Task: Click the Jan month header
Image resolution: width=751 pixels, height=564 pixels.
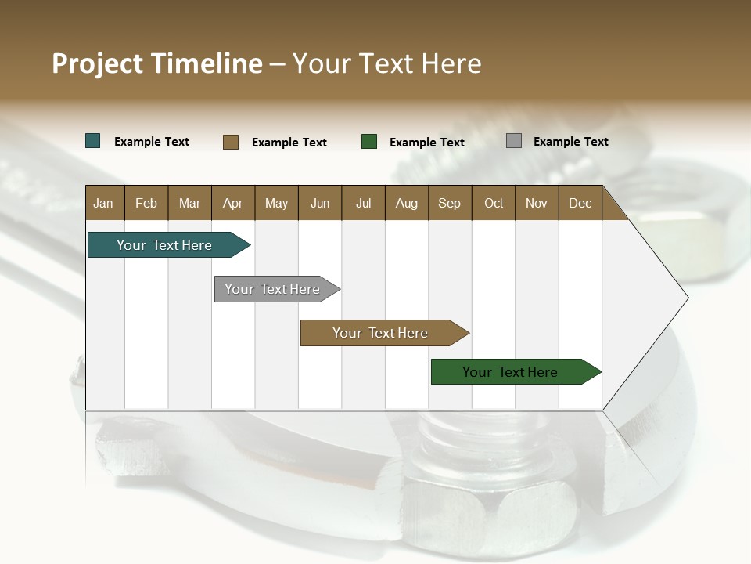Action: point(104,203)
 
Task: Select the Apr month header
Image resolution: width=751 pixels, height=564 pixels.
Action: point(233,203)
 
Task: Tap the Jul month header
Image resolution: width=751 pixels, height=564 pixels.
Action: point(363,203)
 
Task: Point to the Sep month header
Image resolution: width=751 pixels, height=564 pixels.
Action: point(450,203)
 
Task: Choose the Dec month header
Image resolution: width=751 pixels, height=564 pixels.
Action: point(580,203)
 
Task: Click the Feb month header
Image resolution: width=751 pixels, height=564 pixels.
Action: point(146,203)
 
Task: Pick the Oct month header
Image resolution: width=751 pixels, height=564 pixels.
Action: point(494,203)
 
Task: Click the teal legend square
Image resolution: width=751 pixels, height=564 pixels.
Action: point(93,141)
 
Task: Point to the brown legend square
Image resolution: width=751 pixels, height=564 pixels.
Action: point(231,142)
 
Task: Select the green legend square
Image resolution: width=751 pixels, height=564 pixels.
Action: point(369,142)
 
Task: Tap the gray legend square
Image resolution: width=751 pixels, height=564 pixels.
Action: point(514,141)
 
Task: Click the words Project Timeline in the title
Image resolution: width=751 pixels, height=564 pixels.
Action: point(157,63)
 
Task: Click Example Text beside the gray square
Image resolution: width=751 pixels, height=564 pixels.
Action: point(570,142)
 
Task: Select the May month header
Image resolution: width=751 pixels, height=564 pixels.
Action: point(276,203)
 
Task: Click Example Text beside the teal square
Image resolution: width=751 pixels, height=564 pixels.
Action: point(152,142)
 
